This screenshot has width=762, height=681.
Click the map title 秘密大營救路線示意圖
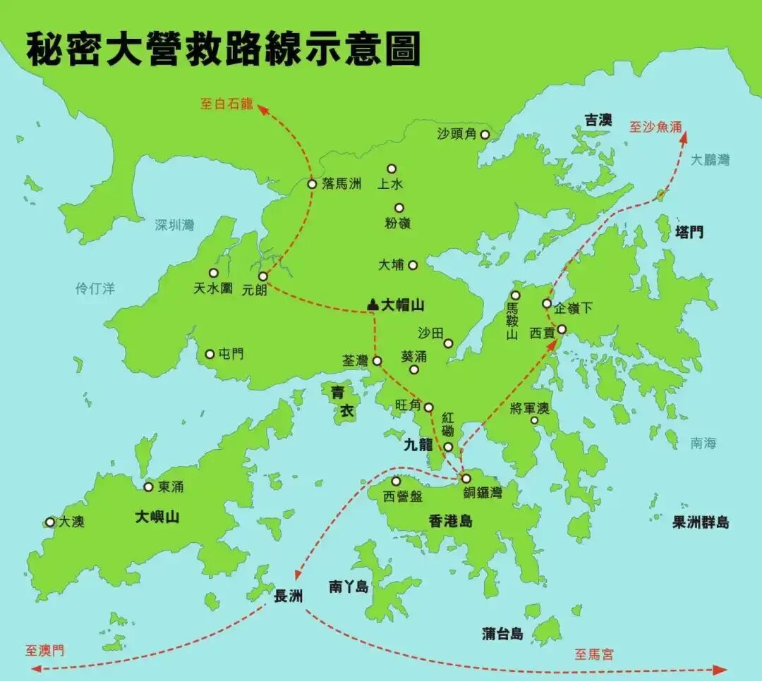point(223,49)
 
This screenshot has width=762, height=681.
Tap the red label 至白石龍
point(226,104)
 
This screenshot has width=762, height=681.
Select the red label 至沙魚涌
point(655,128)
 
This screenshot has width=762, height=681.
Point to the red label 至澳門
point(44,650)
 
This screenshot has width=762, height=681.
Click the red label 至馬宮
point(593,654)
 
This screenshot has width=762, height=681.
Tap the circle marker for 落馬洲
point(312,184)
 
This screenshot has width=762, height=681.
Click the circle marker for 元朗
point(262,276)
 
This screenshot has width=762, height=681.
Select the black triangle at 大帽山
point(373,305)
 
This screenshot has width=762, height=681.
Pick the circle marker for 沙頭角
point(485,134)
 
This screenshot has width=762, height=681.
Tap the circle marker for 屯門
point(210,354)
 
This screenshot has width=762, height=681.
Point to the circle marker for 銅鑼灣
point(466,479)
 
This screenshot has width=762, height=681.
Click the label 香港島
point(450,521)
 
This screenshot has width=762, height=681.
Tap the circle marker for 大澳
point(50,522)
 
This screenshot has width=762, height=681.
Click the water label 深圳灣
point(174,225)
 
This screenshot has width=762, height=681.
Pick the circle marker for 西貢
point(562,329)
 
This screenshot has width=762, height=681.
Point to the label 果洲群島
point(701,522)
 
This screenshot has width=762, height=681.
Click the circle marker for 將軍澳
point(534,420)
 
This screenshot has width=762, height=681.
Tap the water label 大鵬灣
point(710,160)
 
